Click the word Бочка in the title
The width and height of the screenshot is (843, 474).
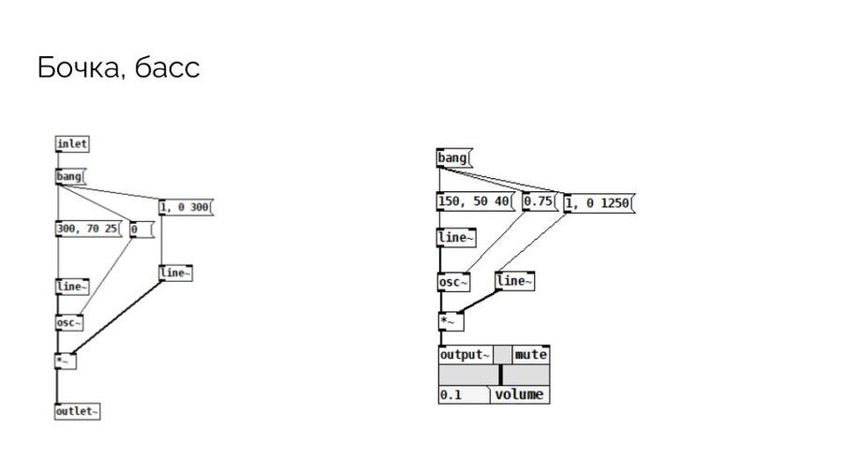79,67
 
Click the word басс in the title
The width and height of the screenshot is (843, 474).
168,67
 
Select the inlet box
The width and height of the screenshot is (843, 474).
72,144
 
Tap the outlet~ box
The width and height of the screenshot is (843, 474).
78,411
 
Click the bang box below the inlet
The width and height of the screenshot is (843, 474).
70,176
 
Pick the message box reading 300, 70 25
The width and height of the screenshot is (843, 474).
89,229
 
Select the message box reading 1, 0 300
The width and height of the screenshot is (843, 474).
186,207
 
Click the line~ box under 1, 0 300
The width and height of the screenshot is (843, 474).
176,273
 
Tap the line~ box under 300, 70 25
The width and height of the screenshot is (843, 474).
72,287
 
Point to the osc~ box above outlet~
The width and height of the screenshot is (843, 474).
69,322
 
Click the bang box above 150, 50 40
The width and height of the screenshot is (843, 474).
454,158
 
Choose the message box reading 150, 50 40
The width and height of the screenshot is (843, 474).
476,201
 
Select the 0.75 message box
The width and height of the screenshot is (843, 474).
540,201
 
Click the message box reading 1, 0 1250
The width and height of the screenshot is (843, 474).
599,203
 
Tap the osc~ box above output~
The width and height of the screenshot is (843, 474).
453,282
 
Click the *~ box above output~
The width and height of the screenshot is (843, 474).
451,321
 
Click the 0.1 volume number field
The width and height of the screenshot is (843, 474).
464,395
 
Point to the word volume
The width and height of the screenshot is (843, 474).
519,395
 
